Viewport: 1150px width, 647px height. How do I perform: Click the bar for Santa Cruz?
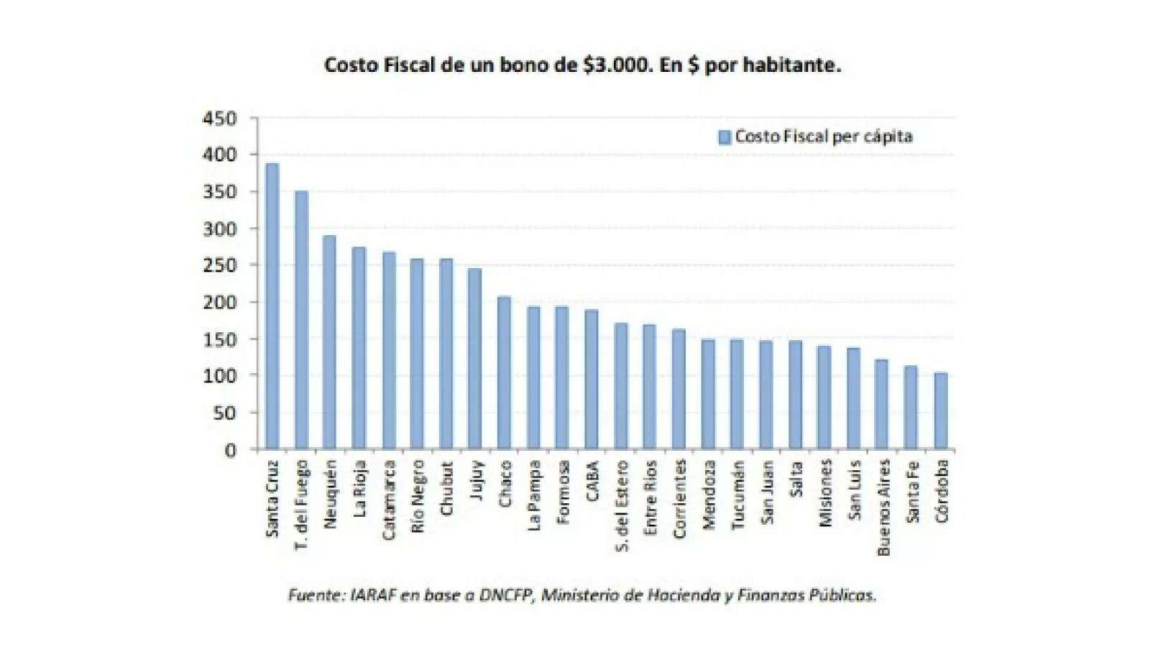[272, 307]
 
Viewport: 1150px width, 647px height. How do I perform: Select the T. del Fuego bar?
[301, 321]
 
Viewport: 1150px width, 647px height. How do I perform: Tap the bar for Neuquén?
[329, 342]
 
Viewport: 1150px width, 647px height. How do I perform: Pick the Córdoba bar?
[941, 411]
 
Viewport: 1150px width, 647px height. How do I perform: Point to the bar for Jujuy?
[474, 359]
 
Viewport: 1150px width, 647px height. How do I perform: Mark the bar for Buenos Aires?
[881, 405]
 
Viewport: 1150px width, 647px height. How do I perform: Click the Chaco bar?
[504, 373]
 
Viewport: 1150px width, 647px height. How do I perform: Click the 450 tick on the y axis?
[219, 119]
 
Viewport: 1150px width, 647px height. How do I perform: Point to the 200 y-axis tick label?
[219, 303]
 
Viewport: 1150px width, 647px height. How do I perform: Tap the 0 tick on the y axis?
[230, 451]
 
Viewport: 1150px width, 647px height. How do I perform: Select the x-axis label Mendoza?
[709, 495]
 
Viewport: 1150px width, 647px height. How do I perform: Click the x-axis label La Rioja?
[359, 489]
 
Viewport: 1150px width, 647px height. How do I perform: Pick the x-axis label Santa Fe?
[912, 492]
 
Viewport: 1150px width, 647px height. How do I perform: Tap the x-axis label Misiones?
[824, 493]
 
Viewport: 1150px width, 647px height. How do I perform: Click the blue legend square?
[724, 137]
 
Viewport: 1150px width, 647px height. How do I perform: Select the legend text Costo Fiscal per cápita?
[824, 137]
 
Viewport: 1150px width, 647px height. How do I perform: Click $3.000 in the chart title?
[618, 65]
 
